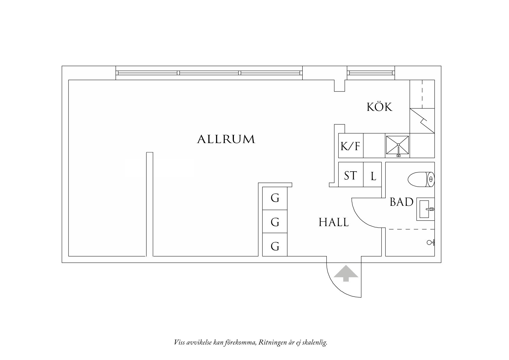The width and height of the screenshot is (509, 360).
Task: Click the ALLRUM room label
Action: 226,139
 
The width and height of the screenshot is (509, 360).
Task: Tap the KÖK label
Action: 379,107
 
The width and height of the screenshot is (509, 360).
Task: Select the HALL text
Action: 333,222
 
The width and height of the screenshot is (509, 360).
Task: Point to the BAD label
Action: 401,202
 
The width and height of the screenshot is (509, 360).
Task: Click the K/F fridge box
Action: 351,146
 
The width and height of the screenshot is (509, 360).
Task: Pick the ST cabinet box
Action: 351,175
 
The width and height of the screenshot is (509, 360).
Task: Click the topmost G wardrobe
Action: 275,198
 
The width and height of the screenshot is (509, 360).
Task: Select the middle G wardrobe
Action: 275,222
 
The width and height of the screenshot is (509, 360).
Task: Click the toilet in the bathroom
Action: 421,179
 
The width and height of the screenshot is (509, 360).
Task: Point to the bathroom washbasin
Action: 425,209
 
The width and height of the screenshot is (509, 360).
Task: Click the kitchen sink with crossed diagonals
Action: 397,145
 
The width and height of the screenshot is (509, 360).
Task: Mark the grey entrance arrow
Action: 345,273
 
